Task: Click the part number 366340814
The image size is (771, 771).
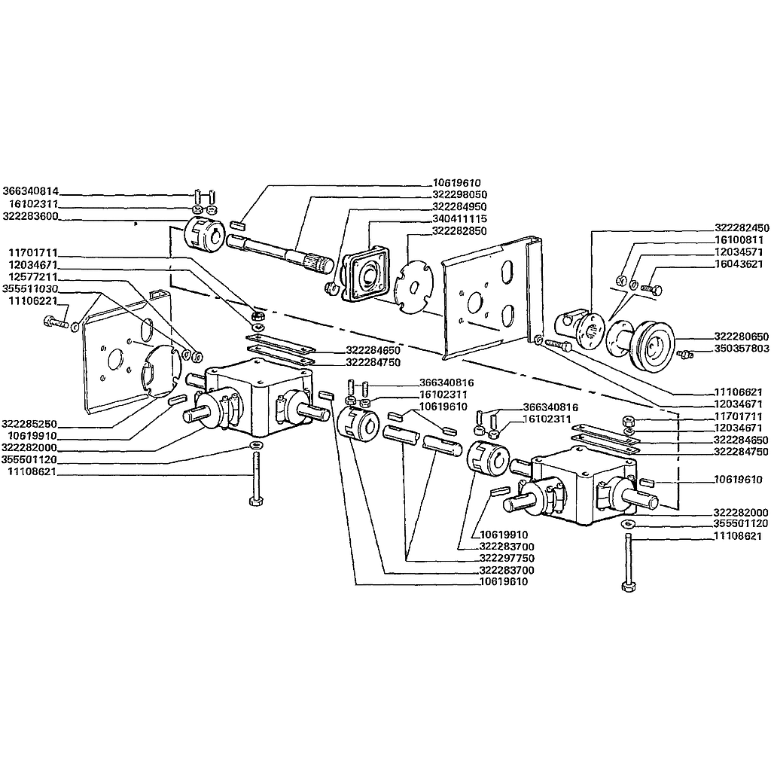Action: [x=30, y=190]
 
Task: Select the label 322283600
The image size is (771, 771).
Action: [x=30, y=216]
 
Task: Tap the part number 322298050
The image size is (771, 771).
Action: [x=460, y=195]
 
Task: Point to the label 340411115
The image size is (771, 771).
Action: [x=460, y=219]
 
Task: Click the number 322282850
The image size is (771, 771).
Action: [x=460, y=231]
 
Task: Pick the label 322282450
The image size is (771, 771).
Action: [x=742, y=229]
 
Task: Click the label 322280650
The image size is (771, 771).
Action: [x=742, y=337]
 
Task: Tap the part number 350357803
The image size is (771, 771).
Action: [x=742, y=349]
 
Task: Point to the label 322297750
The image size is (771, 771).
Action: [x=507, y=558]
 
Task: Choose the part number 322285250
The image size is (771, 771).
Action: [x=29, y=424]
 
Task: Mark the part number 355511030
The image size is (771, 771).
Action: [x=30, y=288]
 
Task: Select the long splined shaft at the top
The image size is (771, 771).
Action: [x=280, y=251]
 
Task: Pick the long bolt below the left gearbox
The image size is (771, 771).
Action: [x=256, y=480]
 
